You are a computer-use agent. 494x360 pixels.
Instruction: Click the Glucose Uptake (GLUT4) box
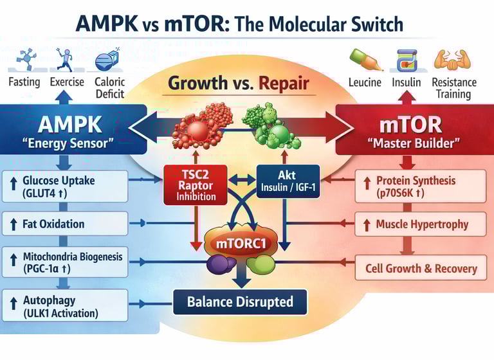point(64,186)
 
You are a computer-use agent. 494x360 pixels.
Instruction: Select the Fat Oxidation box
point(64,224)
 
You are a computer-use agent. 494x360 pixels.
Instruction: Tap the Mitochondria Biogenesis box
point(64,263)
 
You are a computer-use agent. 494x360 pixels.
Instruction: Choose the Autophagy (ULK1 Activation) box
point(64,305)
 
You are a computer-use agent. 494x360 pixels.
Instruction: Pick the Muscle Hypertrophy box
point(421,224)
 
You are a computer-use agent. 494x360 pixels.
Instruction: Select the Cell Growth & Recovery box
point(421,268)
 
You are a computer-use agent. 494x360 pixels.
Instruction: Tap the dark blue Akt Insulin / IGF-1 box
point(288,182)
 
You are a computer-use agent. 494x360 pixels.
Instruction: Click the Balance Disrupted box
point(240,301)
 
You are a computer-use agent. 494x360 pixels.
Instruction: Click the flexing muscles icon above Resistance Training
point(453,60)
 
